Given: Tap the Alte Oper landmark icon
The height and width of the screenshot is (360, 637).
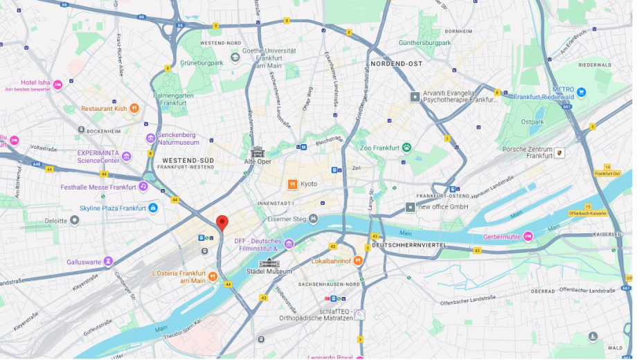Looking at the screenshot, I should pyautogui.click(x=258, y=152).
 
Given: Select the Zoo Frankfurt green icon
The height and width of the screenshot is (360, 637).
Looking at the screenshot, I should pyautogui.click(x=406, y=147).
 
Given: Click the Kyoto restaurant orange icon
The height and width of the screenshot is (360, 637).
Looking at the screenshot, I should pyautogui.click(x=293, y=184).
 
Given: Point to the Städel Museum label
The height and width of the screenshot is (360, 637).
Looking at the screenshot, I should pyautogui.click(x=269, y=271).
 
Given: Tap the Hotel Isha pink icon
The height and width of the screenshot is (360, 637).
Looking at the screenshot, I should pyautogui.click(x=58, y=84).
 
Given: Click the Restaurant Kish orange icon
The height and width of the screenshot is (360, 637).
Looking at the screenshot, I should pyautogui.click(x=134, y=109).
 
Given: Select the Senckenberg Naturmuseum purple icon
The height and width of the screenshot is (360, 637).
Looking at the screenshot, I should pyautogui.click(x=150, y=138).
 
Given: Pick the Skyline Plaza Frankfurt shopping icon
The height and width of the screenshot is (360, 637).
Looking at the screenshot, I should pyautogui.click(x=153, y=208).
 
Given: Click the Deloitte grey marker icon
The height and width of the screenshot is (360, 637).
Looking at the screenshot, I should pyautogui.click(x=75, y=221).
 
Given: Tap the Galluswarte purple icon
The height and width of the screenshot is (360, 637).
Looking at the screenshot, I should pyautogui.click(x=108, y=262).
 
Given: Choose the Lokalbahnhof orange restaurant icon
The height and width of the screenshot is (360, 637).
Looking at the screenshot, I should pyautogui.click(x=358, y=261).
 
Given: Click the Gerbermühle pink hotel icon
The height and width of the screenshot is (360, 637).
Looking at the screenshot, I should pyautogui.click(x=528, y=237).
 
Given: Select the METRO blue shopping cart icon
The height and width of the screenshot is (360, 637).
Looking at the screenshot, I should pyautogui.click(x=581, y=92).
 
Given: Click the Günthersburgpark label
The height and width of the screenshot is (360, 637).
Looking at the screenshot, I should pyautogui.click(x=424, y=43).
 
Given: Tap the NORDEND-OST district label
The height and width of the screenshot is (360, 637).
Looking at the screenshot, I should pyautogui.click(x=396, y=64).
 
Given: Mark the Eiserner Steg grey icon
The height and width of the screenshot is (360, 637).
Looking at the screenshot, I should pyautogui.click(x=314, y=219).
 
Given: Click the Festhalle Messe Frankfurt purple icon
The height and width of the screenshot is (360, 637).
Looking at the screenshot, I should pyautogui.click(x=143, y=187).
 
